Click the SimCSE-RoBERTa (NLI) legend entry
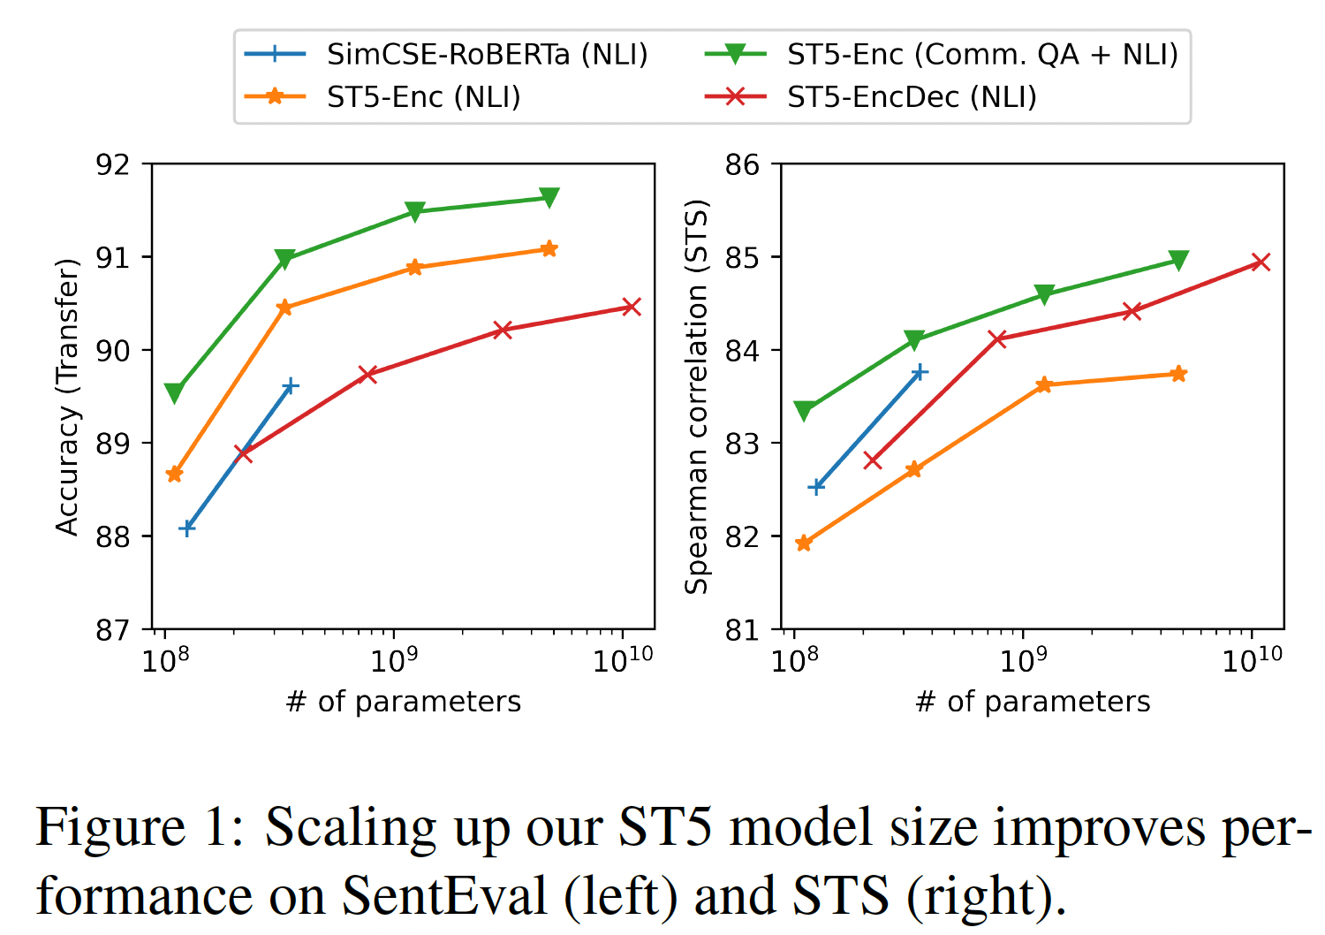click(x=487, y=55)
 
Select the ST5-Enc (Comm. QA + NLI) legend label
click(x=982, y=55)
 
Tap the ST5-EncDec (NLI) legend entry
click(x=912, y=97)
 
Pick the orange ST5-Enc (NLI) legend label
click(x=423, y=97)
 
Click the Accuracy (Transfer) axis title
click(x=67, y=397)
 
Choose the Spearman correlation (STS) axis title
click(x=697, y=397)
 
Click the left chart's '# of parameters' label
click(x=404, y=702)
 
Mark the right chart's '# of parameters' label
click(x=1033, y=702)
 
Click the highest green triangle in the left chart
click(x=549, y=197)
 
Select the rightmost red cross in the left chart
click(x=631, y=307)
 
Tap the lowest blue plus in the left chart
click(x=186, y=528)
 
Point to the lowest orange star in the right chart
click(x=803, y=543)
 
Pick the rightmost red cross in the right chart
click(x=1261, y=262)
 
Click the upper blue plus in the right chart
click(x=920, y=372)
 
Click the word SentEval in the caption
click(x=444, y=895)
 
